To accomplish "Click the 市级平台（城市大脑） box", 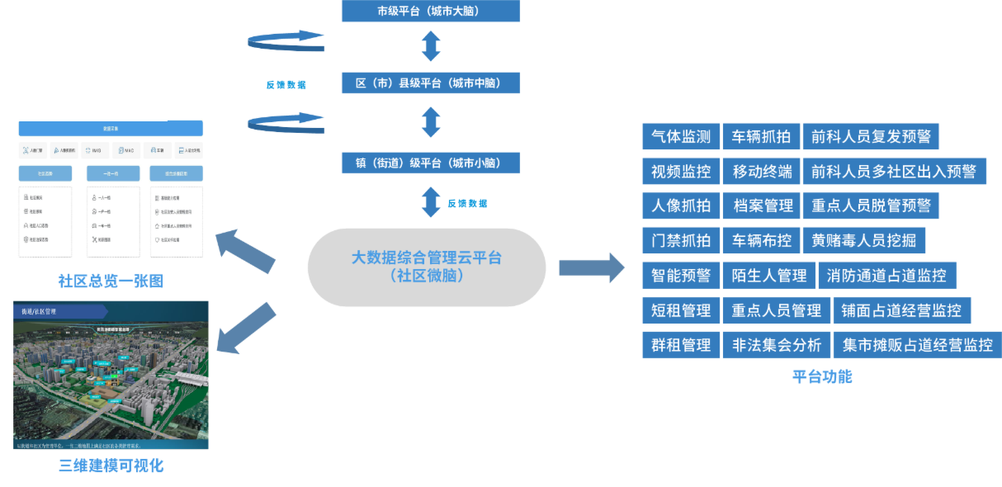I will click(431, 12).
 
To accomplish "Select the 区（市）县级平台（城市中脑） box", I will click(431, 83).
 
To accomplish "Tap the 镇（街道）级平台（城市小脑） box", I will click(431, 162).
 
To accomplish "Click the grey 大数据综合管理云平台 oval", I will click(427, 267).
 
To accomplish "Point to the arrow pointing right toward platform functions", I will click(592, 267).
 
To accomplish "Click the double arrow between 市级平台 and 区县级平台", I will click(431, 47).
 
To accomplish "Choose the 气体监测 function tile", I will click(680, 137).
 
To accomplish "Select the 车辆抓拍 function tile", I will click(761, 137).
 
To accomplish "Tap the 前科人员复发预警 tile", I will click(871, 137).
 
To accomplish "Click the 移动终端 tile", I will click(761, 172).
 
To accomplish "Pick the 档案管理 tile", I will click(761, 206).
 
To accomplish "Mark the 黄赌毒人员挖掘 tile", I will click(863, 241).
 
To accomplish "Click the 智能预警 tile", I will click(680, 276).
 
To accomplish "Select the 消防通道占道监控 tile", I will click(887, 276).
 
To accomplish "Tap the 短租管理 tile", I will click(680, 310).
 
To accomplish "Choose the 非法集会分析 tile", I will click(776, 345).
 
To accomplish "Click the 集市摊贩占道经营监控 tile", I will click(917, 345).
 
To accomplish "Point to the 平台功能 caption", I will click(822, 377).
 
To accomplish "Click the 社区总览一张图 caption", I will click(111, 281).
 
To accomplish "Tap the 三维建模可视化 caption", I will click(111, 466).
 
